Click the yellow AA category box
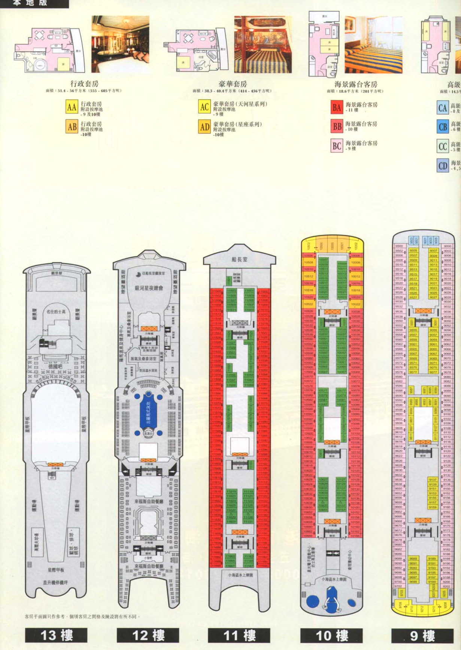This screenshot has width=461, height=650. coord(72,107)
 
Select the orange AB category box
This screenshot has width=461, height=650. coord(72,127)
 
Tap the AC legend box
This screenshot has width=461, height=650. coord(204,107)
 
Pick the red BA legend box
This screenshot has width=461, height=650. coord(337,108)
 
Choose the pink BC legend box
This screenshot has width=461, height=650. coord(337,146)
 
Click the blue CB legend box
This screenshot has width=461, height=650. coord(443,126)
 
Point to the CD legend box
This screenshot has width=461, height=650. coord(443,165)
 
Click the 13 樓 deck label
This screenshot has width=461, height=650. coord(56,635)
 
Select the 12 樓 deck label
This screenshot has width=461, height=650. coord(148,635)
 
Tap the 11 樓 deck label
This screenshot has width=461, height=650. coord(239,635)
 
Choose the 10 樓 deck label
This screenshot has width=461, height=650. coord(331,635)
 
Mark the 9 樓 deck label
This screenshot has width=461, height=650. coord(422,635)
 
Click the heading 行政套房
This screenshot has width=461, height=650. coord(84,83)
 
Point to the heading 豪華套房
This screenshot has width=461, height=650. coord(233,84)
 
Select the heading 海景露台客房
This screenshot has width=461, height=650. coord(355,84)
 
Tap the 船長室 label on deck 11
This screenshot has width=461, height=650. coord(239,259)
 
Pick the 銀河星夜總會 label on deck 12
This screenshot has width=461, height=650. coord(149,288)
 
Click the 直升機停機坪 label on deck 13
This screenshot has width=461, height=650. coord(55,582)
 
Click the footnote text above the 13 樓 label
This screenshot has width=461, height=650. coord(82,616)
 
